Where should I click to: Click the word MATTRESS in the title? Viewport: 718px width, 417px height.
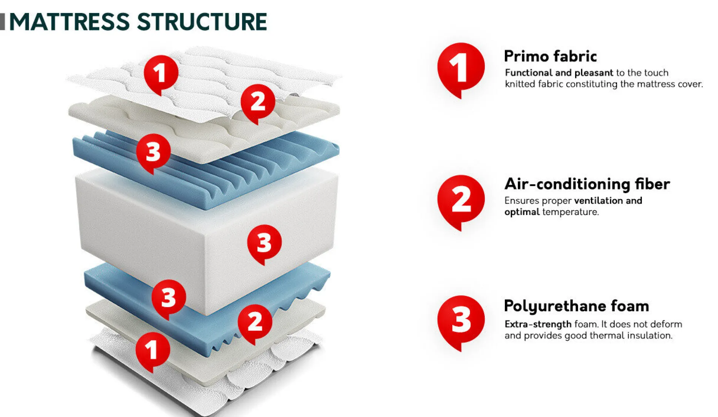[x=69, y=22]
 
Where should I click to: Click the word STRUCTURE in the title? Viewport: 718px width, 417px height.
[x=202, y=22]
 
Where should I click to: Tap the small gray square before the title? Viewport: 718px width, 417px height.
[x=3, y=22]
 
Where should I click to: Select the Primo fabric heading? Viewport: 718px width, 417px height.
[x=550, y=56]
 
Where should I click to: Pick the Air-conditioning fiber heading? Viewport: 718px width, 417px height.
[x=587, y=184]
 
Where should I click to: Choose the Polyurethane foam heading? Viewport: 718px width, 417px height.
[x=576, y=306]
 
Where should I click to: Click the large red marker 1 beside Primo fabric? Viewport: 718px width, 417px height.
[x=461, y=67]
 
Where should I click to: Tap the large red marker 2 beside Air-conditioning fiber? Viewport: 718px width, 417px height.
[x=461, y=199]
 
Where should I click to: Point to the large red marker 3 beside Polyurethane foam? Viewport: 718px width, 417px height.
[x=461, y=320]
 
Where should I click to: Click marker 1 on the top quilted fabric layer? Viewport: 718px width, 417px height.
[x=161, y=73]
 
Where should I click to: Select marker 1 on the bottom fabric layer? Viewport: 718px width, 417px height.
[x=152, y=349]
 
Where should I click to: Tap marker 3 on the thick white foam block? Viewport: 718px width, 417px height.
[x=264, y=242]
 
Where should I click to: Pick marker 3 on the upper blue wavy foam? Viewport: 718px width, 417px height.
[x=153, y=151]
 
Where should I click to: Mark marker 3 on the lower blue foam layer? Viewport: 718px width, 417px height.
[x=169, y=297]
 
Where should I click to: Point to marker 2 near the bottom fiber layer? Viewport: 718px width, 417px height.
[x=255, y=321]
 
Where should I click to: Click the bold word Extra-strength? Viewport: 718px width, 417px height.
[x=538, y=324]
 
